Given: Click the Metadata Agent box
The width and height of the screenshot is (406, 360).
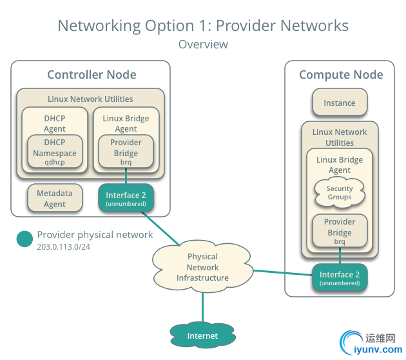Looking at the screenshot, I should (55, 199).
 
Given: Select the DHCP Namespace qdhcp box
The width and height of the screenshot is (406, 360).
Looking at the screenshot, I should (55, 152).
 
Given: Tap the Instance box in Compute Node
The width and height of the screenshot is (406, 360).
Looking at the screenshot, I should (339, 103).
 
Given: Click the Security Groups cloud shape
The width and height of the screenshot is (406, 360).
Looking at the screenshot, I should (339, 192).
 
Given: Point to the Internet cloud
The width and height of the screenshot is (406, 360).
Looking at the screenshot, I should (202, 335).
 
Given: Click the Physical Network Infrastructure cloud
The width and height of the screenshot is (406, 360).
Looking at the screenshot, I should (202, 267).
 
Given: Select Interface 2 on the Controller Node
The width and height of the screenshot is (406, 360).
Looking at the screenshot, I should (126, 198).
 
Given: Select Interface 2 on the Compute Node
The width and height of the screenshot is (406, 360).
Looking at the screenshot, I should (339, 278).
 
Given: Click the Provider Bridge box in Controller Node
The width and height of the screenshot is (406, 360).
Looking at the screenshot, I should (126, 152).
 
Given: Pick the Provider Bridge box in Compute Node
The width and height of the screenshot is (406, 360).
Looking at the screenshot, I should (339, 232).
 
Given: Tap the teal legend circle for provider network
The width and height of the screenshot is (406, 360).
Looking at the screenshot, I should (24, 239).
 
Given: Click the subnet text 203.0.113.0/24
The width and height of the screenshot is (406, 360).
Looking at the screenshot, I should (63, 247).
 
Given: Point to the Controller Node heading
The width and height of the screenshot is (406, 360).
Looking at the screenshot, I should (92, 75).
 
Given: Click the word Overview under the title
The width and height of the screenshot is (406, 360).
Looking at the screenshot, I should (203, 45).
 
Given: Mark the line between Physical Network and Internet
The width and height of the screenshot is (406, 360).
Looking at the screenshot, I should (202, 306).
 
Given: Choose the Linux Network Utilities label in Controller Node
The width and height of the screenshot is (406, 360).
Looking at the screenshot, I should (90, 99).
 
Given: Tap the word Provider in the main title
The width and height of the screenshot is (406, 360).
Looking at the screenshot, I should (242, 26).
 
